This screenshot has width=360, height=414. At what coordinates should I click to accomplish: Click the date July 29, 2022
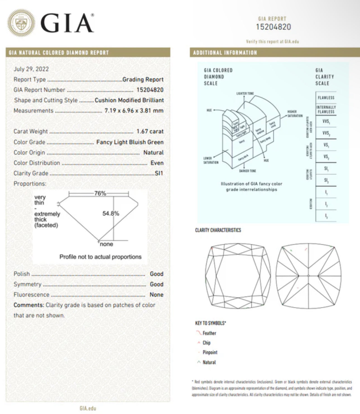31,69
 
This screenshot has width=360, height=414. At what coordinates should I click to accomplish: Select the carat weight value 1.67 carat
150,131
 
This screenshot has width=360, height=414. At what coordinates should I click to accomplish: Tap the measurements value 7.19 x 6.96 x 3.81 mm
134,111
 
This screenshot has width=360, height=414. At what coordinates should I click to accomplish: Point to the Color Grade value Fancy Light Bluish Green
130,142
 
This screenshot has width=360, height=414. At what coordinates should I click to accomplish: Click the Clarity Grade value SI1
159,173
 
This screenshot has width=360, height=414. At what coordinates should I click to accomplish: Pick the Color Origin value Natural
153,152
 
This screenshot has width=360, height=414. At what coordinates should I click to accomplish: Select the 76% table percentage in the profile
100,193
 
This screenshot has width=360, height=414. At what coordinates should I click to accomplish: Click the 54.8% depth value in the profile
111,214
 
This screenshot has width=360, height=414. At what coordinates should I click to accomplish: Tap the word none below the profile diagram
106,244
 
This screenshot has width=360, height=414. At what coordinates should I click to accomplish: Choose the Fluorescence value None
156,295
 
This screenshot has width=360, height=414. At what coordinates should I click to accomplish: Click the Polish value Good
156,274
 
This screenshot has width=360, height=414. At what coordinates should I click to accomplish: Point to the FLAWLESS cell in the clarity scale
326,98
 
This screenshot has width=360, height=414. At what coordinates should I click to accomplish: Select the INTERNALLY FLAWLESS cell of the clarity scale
326,109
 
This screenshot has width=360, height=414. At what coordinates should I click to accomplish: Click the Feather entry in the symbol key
209,333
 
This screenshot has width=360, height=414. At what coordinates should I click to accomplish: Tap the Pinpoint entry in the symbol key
210,352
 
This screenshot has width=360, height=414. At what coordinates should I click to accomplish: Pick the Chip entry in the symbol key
207,343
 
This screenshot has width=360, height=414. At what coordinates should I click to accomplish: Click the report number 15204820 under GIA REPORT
273,27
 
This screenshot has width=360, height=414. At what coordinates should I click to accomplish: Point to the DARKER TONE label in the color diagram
247,171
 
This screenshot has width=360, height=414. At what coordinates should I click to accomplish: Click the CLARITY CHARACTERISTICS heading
218,230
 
